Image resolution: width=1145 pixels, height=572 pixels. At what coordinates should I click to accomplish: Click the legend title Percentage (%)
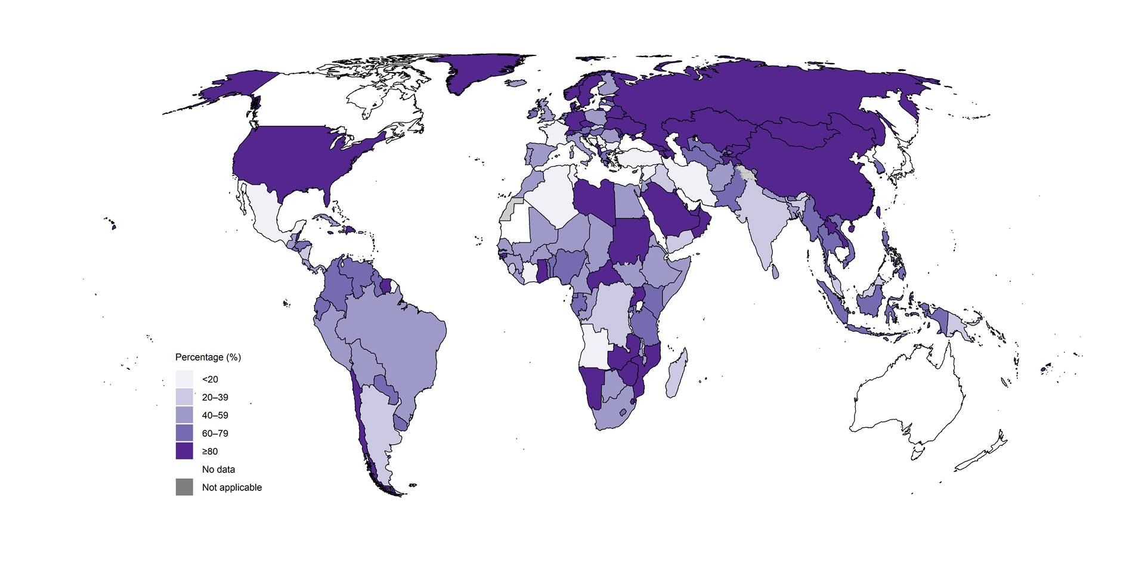pos(208,357)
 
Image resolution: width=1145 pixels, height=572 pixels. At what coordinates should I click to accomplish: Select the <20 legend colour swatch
pos(184,379)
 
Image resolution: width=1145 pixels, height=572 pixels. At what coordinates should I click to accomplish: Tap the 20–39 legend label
pos(215,397)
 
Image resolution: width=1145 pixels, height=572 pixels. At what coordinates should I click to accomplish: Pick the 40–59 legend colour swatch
pos(184,415)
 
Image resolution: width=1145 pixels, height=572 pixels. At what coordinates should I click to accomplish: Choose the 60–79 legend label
pos(215,433)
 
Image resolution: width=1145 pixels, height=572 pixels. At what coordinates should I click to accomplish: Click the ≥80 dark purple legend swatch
pos(184,451)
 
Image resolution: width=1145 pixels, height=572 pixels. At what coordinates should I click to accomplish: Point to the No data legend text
pos(218,470)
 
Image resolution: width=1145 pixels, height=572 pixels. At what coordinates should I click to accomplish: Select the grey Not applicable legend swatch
pos(184,487)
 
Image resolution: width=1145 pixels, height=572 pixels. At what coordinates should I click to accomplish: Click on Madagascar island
pos(676,375)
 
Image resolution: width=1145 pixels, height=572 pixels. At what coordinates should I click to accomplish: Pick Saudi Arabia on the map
pos(671,214)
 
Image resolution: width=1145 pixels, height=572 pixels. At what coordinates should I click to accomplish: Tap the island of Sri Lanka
pos(775,272)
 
